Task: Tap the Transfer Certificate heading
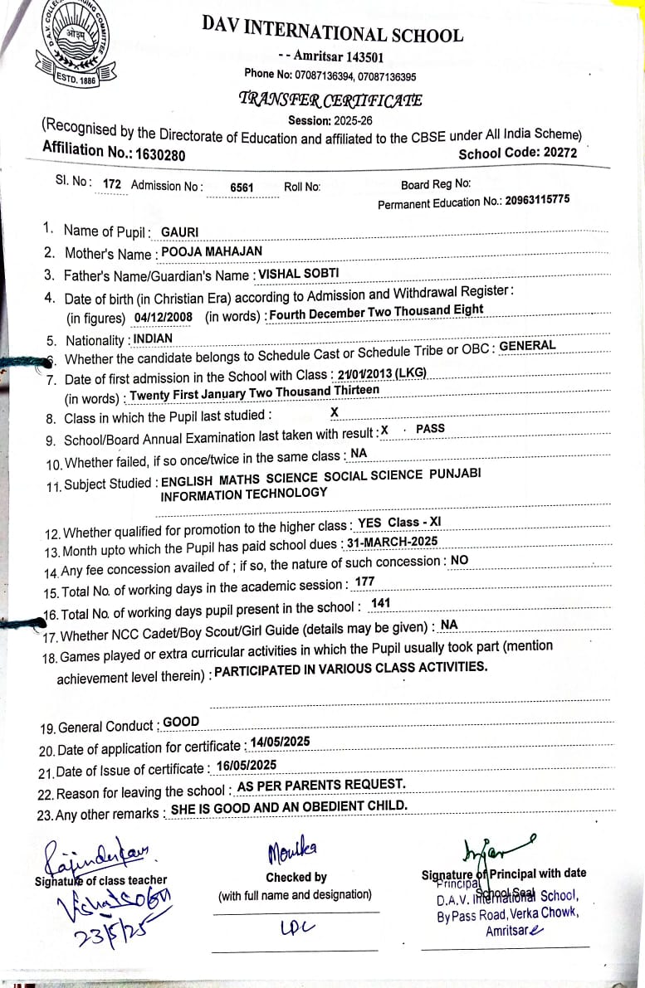point(330,100)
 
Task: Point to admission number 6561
point(242,187)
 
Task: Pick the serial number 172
point(112,184)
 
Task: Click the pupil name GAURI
point(179,231)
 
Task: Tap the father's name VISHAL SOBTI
point(298,272)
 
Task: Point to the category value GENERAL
point(527,346)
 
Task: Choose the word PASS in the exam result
point(431,429)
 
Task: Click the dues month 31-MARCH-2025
point(392,542)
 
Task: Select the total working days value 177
point(364,582)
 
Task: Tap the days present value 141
point(381,603)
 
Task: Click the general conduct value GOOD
point(181,722)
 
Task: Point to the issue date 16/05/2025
point(246,765)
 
